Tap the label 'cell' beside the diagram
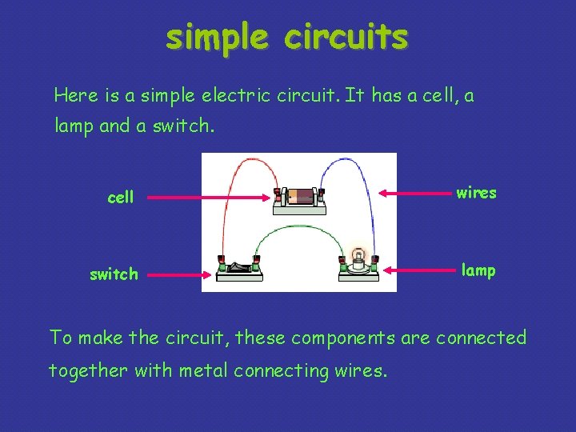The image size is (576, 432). click(120, 197)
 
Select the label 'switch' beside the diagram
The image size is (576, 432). click(114, 274)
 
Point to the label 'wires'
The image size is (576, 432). click(476, 193)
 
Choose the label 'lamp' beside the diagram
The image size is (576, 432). click(478, 270)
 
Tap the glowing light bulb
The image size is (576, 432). click(359, 256)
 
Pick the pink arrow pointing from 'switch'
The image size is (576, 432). click(180, 274)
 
